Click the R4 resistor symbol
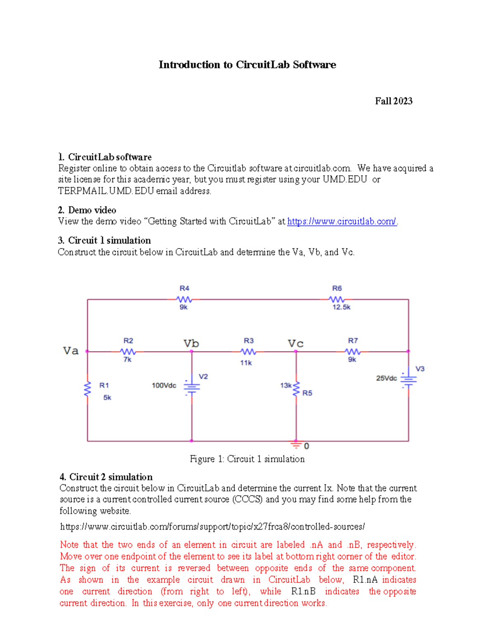[184, 299]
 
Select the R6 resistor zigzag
[337, 299]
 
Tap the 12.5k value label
[342, 307]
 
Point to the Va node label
[71, 351]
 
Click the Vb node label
[191, 343]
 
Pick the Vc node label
[295, 343]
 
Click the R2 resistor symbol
[128, 352]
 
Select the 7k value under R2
[127, 360]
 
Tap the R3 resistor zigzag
[248, 352]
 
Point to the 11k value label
[246, 363]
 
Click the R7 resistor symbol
[353, 352]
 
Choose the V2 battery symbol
[191, 386]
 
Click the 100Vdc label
[164, 386]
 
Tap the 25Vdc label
[386, 378]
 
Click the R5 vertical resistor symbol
[296, 389]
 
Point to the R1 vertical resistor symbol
[87, 389]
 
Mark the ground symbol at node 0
[296, 445]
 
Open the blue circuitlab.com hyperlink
[342, 222]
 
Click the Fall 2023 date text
[394, 101]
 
